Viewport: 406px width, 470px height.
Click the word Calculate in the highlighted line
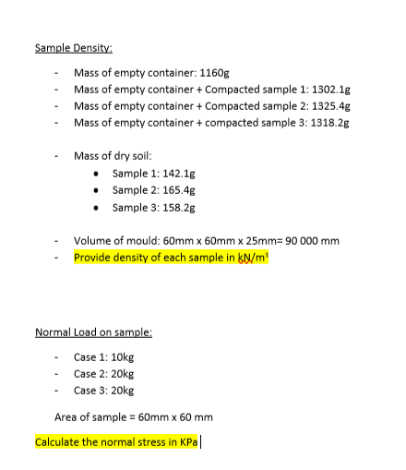57,441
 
